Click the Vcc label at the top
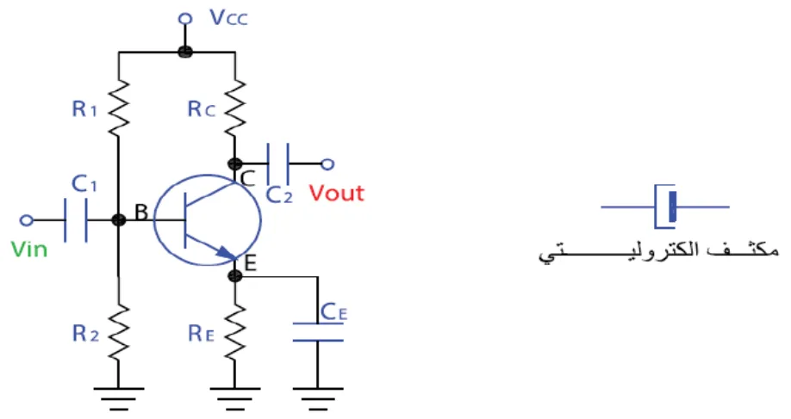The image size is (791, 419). tap(228, 17)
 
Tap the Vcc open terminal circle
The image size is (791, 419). tap(185, 19)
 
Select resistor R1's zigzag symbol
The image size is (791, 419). tap(119, 108)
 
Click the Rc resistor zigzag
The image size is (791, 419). tap(235, 108)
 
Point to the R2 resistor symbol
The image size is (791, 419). tap(119, 332)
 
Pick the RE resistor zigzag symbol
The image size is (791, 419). tap(235, 332)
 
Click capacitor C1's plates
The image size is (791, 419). tap(76, 220)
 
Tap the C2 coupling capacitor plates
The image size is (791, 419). tap(278, 163)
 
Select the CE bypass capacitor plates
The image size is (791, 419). tap(318, 332)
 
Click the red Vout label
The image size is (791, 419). tap(337, 194)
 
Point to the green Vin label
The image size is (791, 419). tap(29, 250)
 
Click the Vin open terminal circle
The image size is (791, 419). tap(26, 220)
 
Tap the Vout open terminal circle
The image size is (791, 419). tap(327, 163)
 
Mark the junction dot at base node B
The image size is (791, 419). tap(119, 220)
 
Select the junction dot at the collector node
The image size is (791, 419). tap(235, 163)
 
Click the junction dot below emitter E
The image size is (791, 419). tap(235, 275)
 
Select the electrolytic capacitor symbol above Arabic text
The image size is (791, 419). tap(665, 206)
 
